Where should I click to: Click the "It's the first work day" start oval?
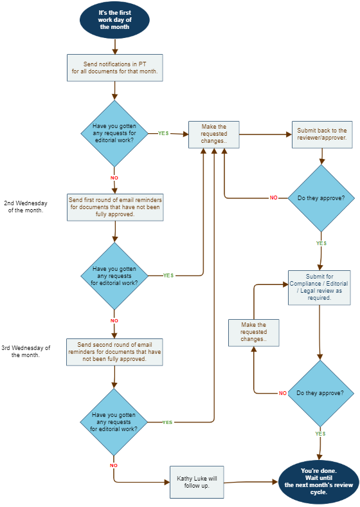pos(114,20)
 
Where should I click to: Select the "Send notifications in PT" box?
pos(114,68)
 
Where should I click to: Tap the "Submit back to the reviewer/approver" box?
pos(322,134)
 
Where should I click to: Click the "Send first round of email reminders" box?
pos(115,207)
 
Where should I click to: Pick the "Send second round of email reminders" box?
pos(114,352)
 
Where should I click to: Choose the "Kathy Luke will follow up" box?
pos(197,482)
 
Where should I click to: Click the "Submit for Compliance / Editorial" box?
pos(319,288)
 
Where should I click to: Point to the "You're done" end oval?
pos(319,482)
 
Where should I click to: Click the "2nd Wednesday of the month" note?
pos(26,207)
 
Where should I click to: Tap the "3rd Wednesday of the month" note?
pos(26,351)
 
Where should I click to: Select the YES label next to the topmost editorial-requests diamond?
pos(163,133)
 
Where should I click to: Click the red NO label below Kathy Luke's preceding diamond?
pos(113,465)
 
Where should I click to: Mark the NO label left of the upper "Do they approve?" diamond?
pos(273,198)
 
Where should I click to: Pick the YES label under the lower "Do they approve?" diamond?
pos(320,434)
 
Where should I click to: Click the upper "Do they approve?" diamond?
pos(321,198)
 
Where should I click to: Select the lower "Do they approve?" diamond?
pos(320,393)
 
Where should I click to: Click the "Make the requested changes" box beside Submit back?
pos(214,134)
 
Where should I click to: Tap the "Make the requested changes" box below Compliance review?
pos(254,333)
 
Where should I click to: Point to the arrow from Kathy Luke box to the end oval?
pos(251,482)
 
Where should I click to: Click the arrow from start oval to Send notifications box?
pos(114,46)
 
